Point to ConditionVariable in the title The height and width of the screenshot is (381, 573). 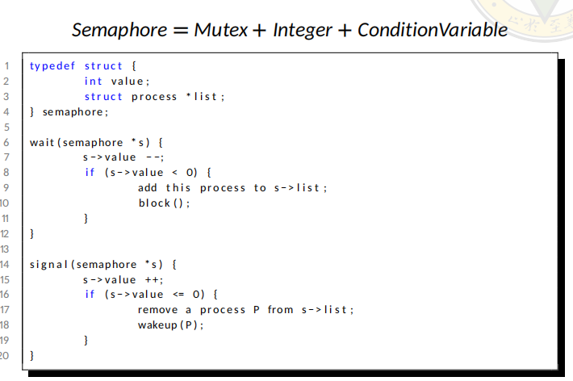pyautogui.click(x=433, y=31)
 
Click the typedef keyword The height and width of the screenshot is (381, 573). pyautogui.click(x=52, y=66)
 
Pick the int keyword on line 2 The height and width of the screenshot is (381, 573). pyautogui.click(x=94, y=82)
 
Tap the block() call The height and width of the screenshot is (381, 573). pyautogui.click(x=165, y=203)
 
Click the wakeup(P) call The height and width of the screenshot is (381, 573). pyautogui.click(x=170, y=325)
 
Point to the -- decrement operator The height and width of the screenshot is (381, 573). pyautogui.click(x=153, y=157)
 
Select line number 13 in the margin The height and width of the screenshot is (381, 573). pyautogui.click(x=6, y=249)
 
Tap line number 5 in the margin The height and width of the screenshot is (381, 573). pyautogui.click(x=6, y=127)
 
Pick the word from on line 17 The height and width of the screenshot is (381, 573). pyautogui.click(x=280, y=310)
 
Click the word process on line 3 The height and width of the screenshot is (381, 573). pyautogui.click(x=154, y=97)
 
